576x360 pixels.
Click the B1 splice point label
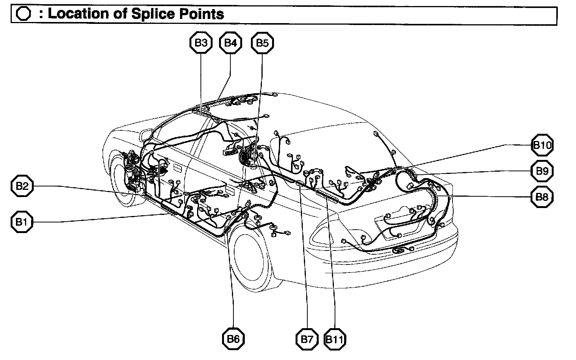tap(22, 222)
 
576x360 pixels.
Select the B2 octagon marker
tap(22, 186)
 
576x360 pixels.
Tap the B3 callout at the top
tap(200, 43)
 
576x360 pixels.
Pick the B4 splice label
tap(230, 43)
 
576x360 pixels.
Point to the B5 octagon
tap(262, 43)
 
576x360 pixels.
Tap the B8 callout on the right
tap(542, 197)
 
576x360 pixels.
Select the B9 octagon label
tap(542, 171)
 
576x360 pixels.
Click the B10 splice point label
tap(543, 145)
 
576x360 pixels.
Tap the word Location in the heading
tap(77, 14)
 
